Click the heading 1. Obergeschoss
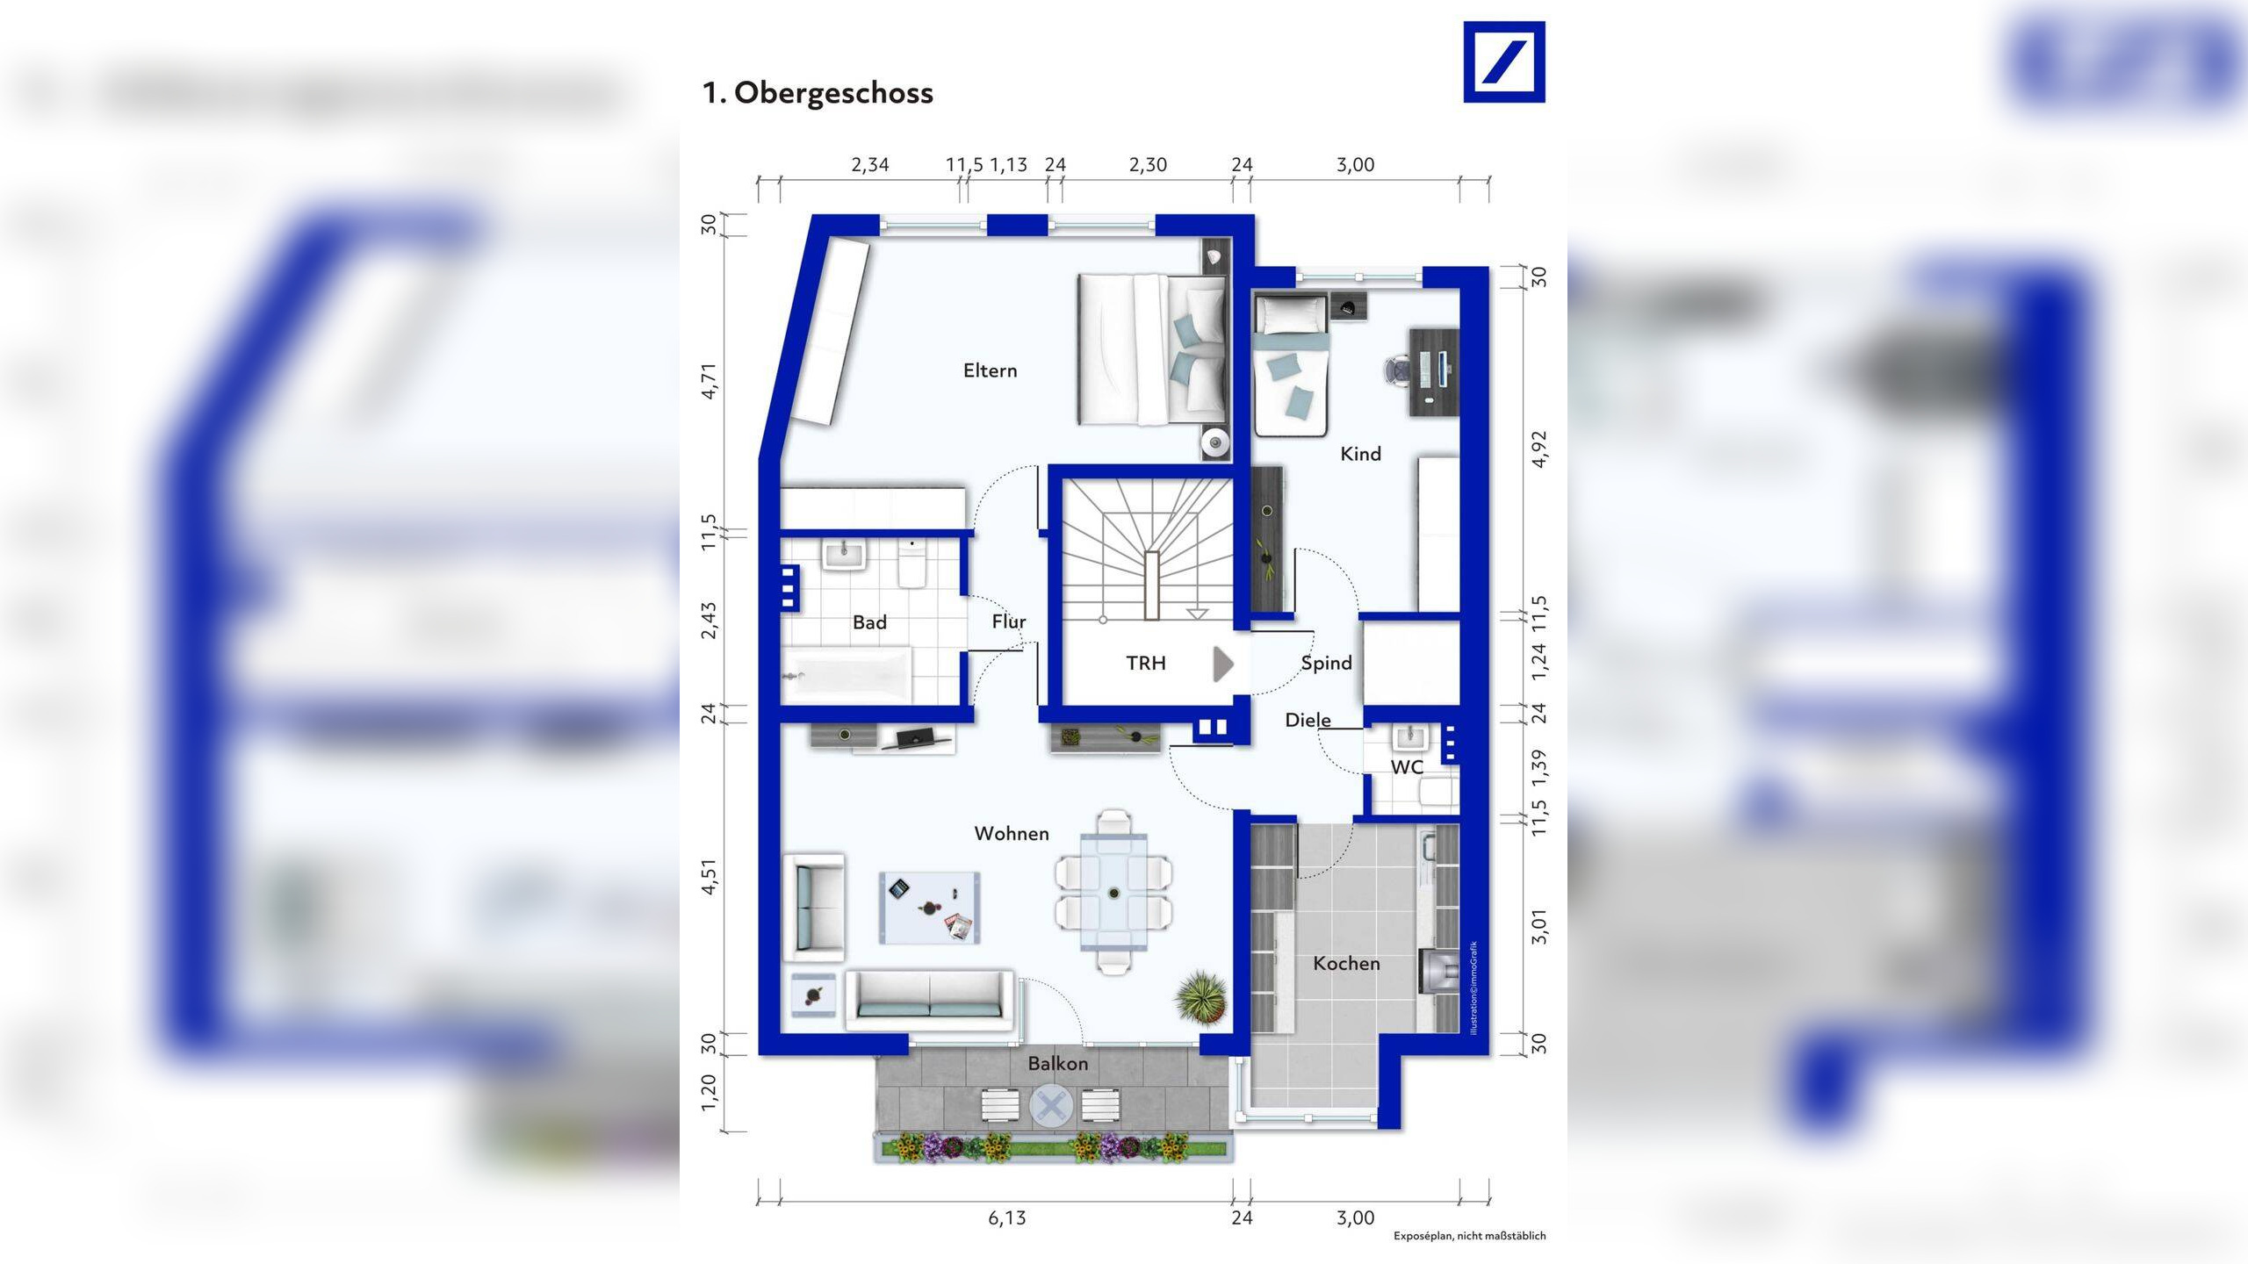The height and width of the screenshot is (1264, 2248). [x=818, y=92]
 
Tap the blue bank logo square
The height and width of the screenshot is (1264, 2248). [x=1503, y=62]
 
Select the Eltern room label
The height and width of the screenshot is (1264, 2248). [x=990, y=370]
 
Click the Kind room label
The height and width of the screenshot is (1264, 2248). [x=1360, y=454]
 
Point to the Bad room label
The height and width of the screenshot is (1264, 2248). [x=869, y=622]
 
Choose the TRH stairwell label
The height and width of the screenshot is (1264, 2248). [x=1146, y=663]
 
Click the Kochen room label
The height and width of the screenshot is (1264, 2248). [x=1346, y=963]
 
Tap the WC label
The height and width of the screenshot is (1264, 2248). [x=1407, y=767]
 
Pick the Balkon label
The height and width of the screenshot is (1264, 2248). [x=1057, y=1063]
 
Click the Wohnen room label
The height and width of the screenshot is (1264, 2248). [x=1012, y=833]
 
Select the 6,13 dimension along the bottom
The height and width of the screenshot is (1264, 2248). [x=1006, y=1217]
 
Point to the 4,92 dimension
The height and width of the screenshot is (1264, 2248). [x=1539, y=449]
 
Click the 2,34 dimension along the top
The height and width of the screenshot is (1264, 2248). [x=869, y=164]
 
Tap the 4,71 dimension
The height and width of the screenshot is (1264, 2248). [x=709, y=381]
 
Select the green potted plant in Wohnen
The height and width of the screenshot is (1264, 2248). [x=1200, y=996]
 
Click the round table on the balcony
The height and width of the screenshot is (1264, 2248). [x=1050, y=1106]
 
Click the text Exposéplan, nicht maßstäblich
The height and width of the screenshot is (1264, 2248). [x=1469, y=1236]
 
